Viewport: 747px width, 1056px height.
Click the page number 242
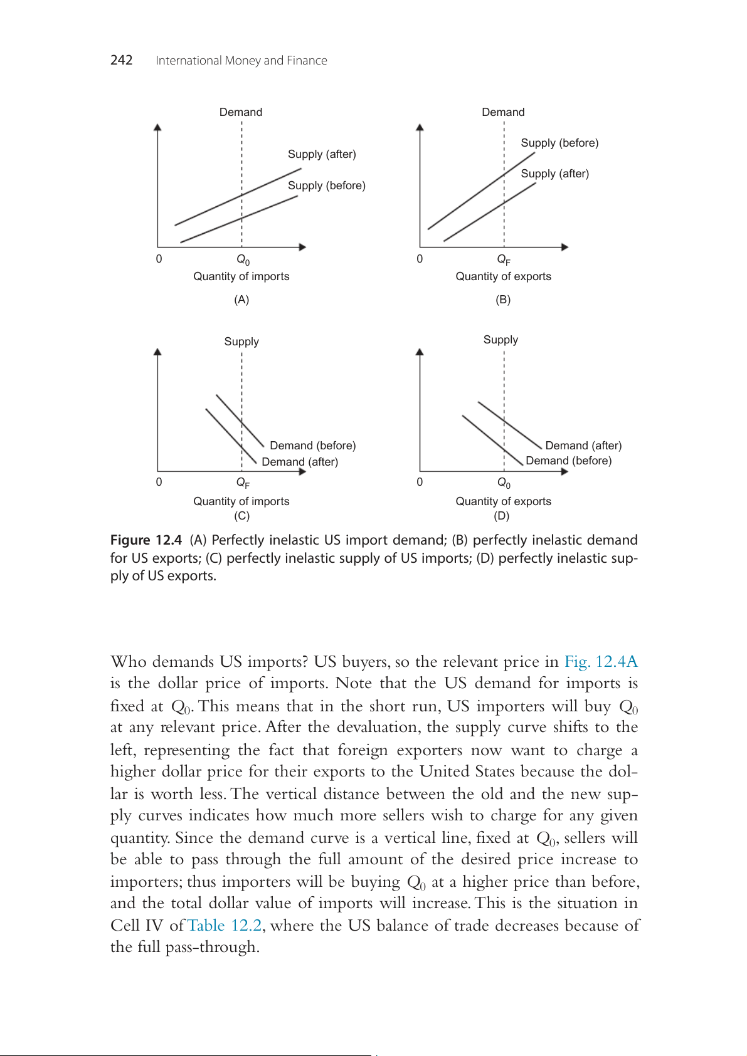[121, 60]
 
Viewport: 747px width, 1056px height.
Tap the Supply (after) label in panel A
[322, 154]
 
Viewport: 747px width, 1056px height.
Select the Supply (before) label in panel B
[559, 143]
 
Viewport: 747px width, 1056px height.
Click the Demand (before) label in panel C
[312, 446]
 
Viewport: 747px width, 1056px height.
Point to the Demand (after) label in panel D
[583, 446]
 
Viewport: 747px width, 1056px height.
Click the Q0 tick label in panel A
[243, 259]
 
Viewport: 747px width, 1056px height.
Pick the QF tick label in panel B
[504, 259]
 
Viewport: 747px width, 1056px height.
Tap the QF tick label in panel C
[243, 483]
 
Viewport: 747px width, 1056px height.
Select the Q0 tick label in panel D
[504, 483]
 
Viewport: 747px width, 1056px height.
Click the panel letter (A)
[241, 300]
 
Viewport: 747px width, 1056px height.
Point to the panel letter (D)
[501, 516]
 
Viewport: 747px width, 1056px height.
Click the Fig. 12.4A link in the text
[601, 662]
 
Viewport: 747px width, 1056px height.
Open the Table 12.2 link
[225, 926]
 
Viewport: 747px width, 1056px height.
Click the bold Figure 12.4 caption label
[146, 540]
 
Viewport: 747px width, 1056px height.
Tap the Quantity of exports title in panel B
[503, 276]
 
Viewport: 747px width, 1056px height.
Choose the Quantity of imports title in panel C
[241, 501]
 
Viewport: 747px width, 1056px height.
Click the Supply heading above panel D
[501, 340]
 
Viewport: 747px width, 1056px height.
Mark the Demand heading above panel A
[241, 112]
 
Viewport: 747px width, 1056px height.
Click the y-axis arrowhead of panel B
[420, 127]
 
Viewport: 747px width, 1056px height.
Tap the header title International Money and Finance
[241, 61]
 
